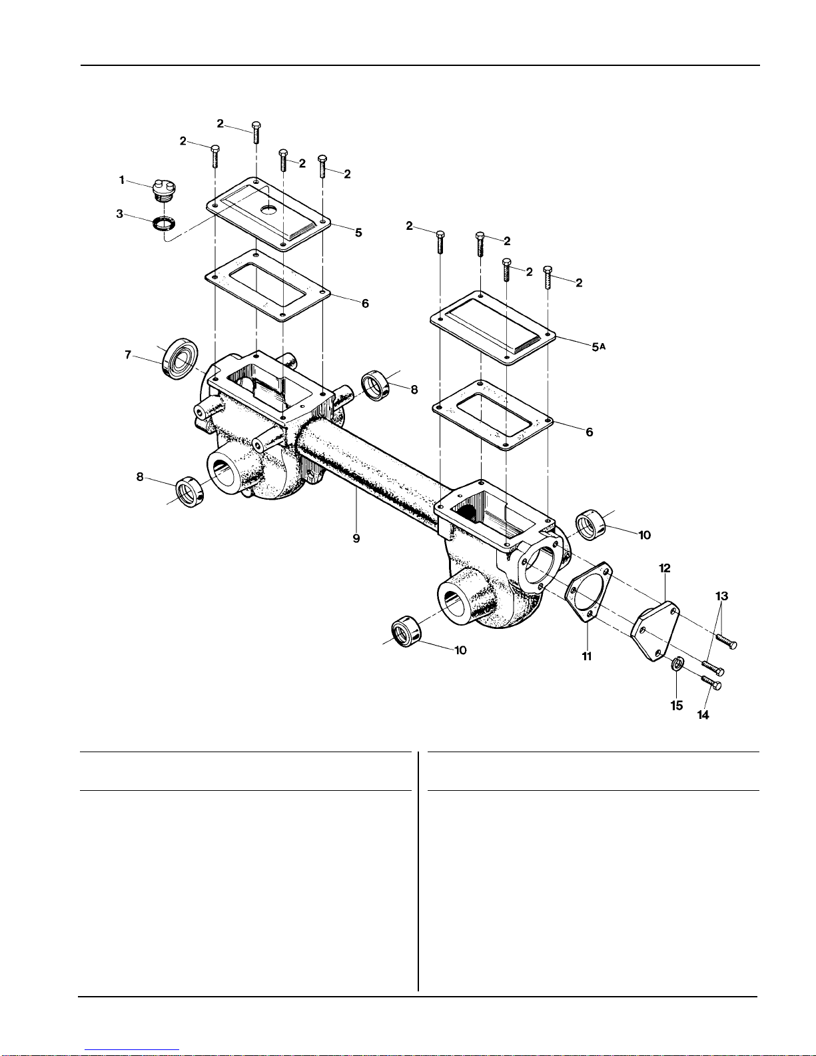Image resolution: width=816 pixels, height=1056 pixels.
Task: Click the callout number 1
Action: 122,181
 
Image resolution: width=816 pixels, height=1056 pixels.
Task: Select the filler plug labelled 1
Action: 164,192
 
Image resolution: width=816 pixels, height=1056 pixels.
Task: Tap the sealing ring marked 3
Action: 164,225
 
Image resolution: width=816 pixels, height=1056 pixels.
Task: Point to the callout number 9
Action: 356,538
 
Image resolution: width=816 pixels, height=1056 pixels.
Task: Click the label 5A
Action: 598,346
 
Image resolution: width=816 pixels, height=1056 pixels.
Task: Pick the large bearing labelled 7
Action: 180,358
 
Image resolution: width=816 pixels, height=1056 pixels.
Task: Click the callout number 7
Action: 128,355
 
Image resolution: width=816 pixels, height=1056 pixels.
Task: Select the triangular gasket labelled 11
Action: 589,592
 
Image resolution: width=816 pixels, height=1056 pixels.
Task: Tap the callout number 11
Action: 587,656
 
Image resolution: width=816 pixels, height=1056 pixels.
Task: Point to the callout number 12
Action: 665,568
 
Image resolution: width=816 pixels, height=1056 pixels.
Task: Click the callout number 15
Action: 677,706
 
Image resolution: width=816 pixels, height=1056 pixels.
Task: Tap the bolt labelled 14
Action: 711,682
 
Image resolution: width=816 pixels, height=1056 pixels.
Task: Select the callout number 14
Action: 703,715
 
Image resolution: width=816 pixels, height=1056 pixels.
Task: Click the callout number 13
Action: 722,596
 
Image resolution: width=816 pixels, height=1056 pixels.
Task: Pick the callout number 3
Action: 119,214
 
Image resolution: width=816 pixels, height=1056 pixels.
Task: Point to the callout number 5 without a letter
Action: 358,233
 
